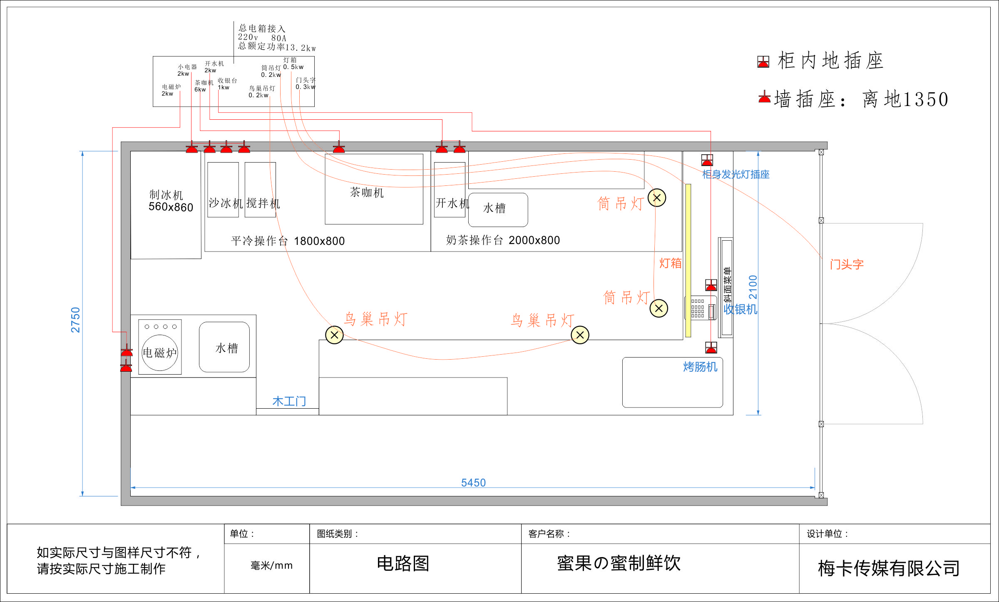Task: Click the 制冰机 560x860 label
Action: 171,201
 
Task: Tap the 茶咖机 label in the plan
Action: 367,192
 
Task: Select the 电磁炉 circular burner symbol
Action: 160,353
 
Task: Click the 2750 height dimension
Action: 75,320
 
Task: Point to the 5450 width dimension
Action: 473,482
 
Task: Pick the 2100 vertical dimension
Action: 753,287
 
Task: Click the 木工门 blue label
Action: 289,401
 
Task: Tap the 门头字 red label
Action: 847,264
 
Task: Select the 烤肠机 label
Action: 700,367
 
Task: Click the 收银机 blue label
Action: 740,309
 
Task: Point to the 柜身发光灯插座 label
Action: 736,174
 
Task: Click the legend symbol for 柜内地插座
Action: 763,62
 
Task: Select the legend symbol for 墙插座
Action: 764,97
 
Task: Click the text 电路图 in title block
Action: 403,563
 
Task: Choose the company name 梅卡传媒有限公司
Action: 889,568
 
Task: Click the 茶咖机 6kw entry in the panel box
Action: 204,86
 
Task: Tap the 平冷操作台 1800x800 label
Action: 288,241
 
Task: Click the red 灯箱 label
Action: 670,263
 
